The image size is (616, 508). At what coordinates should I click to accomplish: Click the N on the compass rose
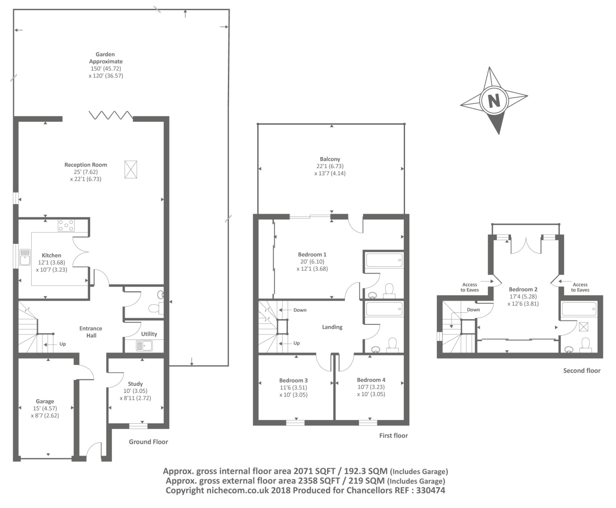(x=494, y=100)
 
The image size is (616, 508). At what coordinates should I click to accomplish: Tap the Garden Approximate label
(x=105, y=58)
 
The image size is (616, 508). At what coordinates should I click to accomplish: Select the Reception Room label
(x=86, y=165)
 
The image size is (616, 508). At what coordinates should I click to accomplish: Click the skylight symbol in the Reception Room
(x=130, y=169)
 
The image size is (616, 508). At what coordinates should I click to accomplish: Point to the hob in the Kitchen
(x=66, y=226)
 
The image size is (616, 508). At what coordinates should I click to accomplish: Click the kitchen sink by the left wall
(x=25, y=257)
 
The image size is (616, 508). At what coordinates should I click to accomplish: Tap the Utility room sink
(x=144, y=345)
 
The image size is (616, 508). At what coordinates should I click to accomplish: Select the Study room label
(x=136, y=384)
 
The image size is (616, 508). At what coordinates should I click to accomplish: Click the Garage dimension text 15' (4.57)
(x=45, y=409)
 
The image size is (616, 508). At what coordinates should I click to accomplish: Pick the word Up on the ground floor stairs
(x=63, y=344)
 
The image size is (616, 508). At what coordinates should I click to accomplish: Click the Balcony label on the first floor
(x=330, y=159)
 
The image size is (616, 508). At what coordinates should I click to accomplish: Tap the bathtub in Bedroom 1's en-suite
(x=384, y=260)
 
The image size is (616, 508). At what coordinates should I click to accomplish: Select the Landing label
(x=332, y=327)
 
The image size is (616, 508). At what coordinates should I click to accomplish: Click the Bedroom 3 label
(x=294, y=380)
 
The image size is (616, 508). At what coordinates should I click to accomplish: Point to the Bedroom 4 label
(x=371, y=380)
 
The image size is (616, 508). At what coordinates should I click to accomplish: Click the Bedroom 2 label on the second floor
(x=523, y=290)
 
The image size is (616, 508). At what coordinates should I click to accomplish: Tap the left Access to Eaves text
(x=470, y=287)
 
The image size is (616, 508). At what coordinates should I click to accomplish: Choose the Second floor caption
(x=582, y=370)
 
